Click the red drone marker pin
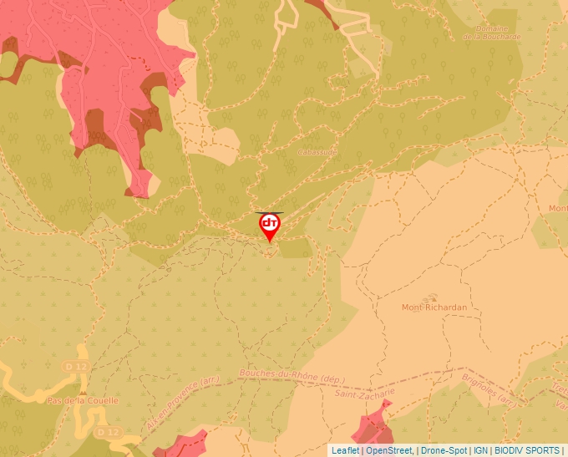click(x=270, y=226)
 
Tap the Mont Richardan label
click(x=434, y=307)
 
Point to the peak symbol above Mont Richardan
click(x=432, y=297)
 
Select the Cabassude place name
click(x=317, y=153)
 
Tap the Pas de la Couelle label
click(x=84, y=401)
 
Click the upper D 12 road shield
click(x=75, y=367)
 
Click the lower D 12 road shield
click(x=106, y=433)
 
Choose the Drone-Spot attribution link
click(x=443, y=450)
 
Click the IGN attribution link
click(x=480, y=450)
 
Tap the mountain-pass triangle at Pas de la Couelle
click(x=84, y=390)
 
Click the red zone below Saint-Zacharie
click(x=373, y=426)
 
